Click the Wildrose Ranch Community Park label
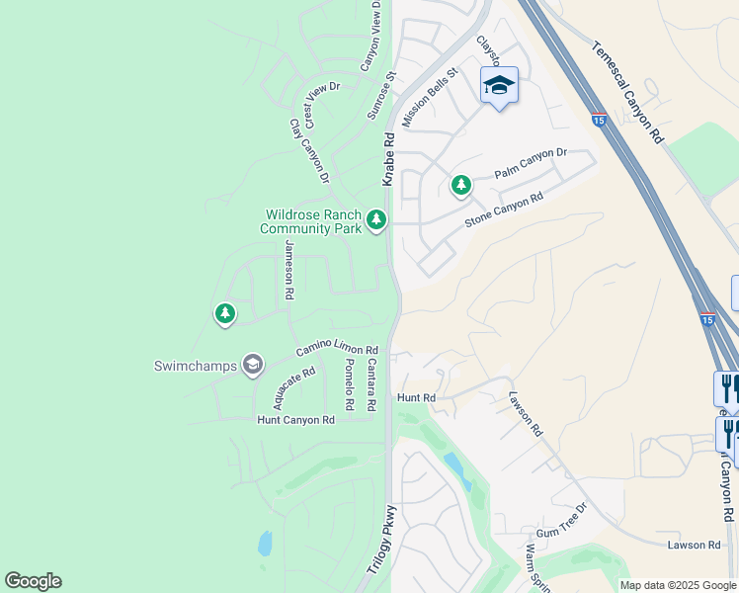[311, 221]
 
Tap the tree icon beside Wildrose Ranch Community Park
[375, 219]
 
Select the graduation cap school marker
[499, 86]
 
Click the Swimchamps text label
[196, 366]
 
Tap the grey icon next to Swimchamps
[253, 366]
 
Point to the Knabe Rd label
[389, 159]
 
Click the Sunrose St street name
[381, 95]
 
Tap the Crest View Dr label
[321, 105]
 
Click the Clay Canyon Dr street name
[308, 151]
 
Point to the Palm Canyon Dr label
[531, 164]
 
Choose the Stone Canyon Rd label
[504, 211]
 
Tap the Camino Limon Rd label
[336, 352]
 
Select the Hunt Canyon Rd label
[295, 420]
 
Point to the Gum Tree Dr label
[561, 520]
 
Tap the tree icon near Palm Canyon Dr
[460, 185]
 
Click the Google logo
[33, 581]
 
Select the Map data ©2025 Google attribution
[677, 585]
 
